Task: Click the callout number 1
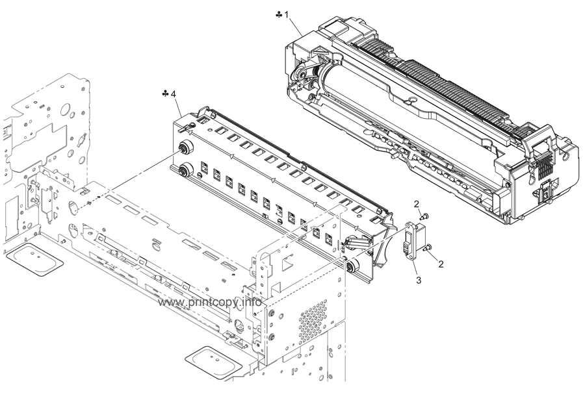287,14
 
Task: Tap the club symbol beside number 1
278,14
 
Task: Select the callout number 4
174,95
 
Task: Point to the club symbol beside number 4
165,95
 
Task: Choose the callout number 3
419,280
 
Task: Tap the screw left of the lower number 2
428,247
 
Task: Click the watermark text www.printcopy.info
210,303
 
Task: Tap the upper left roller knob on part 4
184,147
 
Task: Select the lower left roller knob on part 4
184,171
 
